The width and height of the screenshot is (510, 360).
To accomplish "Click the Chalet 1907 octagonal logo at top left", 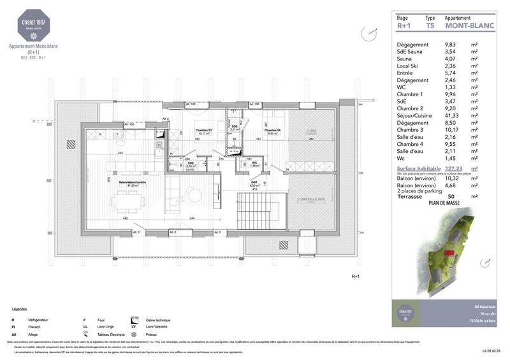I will pos(32,27).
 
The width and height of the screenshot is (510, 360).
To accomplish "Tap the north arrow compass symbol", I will pos(365,32).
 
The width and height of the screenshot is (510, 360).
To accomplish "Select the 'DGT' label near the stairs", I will pos(254,182).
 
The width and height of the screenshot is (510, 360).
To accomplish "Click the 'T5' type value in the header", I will pos(430,27).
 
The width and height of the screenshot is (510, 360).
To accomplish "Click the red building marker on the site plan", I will pos(449,253).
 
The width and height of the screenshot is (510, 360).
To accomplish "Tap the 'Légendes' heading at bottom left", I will pos(20,308).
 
